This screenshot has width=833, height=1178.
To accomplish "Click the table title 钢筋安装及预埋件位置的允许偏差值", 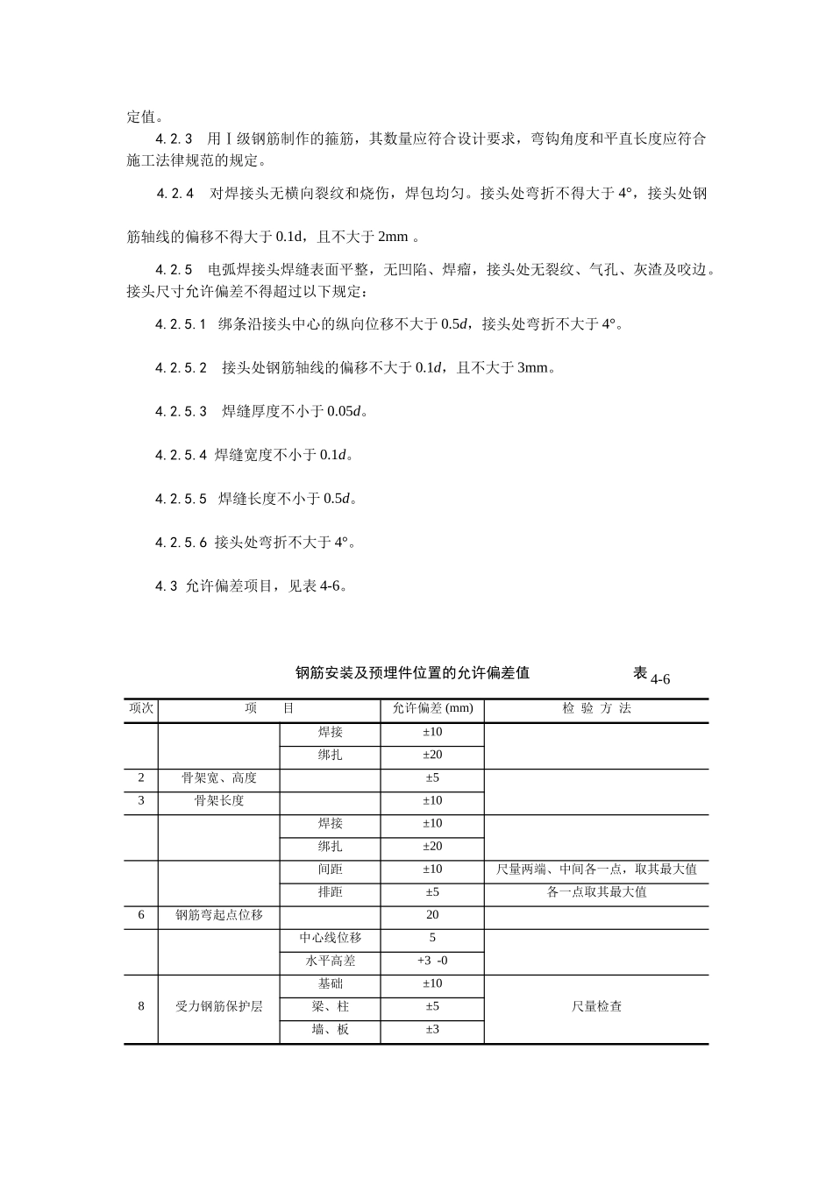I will (412, 673).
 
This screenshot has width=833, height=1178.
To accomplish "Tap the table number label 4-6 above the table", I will (660, 679).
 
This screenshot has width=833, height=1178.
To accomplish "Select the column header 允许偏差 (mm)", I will (432, 708).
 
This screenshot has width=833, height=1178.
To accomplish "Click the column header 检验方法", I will (596, 708).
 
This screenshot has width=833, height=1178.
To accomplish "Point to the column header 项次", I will (141, 708).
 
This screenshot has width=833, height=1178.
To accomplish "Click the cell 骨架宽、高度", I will (219, 777).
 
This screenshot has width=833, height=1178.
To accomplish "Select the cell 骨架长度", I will (219, 800).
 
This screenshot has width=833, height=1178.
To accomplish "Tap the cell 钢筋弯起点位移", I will (219, 915).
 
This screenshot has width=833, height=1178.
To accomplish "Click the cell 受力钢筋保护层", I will (219, 1006).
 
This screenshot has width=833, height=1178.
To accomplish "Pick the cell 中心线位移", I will (331, 938).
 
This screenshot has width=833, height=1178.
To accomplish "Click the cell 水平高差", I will (331, 961).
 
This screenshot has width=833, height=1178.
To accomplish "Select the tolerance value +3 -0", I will (432, 961).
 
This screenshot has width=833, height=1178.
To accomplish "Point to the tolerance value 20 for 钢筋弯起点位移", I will (432, 915).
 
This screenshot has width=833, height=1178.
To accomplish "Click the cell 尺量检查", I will (596, 1006).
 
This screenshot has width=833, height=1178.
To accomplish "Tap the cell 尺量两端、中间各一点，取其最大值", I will (596, 869).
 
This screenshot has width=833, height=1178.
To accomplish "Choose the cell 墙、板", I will (331, 1029).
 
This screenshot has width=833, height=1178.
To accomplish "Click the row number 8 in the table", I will (141, 1006).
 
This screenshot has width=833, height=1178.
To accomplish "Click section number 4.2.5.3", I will (182, 411).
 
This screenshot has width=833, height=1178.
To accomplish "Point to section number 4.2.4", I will (175, 194).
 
